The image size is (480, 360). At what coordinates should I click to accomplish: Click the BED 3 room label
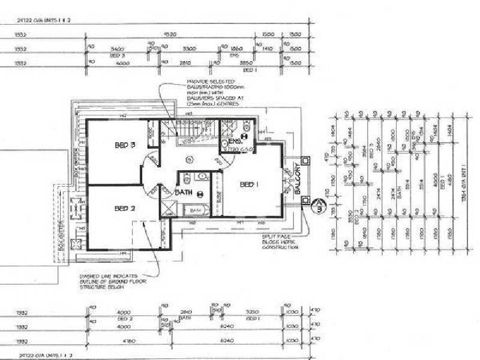point(124,145)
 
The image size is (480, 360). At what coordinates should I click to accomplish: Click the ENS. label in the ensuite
point(235,142)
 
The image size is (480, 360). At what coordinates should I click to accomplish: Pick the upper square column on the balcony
point(305,161)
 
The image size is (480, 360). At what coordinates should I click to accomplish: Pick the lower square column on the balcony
point(305,202)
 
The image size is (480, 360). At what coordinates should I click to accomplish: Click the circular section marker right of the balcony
point(319,209)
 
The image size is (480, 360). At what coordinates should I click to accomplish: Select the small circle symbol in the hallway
point(189,159)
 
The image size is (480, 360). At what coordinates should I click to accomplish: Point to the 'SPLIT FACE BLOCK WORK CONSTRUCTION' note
point(280,242)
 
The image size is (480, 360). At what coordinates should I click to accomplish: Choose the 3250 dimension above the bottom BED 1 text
point(252,313)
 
